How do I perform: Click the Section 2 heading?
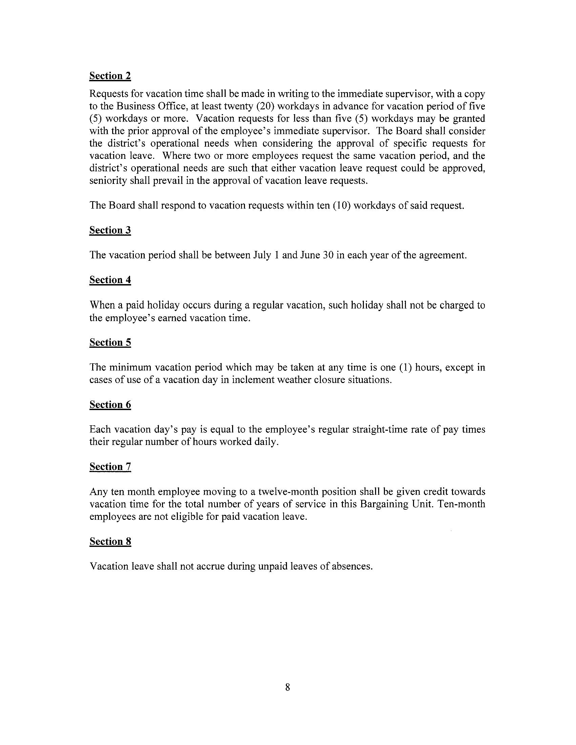click(x=110, y=76)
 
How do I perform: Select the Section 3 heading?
click(x=110, y=230)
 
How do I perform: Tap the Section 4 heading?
click(x=110, y=280)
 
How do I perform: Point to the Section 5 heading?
click(x=110, y=342)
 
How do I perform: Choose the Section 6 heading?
click(x=110, y=405)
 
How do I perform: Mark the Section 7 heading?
click(x=110, y=467)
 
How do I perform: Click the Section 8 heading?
click(x=110, y=542)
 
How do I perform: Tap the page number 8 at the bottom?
click(x=287, y=687)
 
